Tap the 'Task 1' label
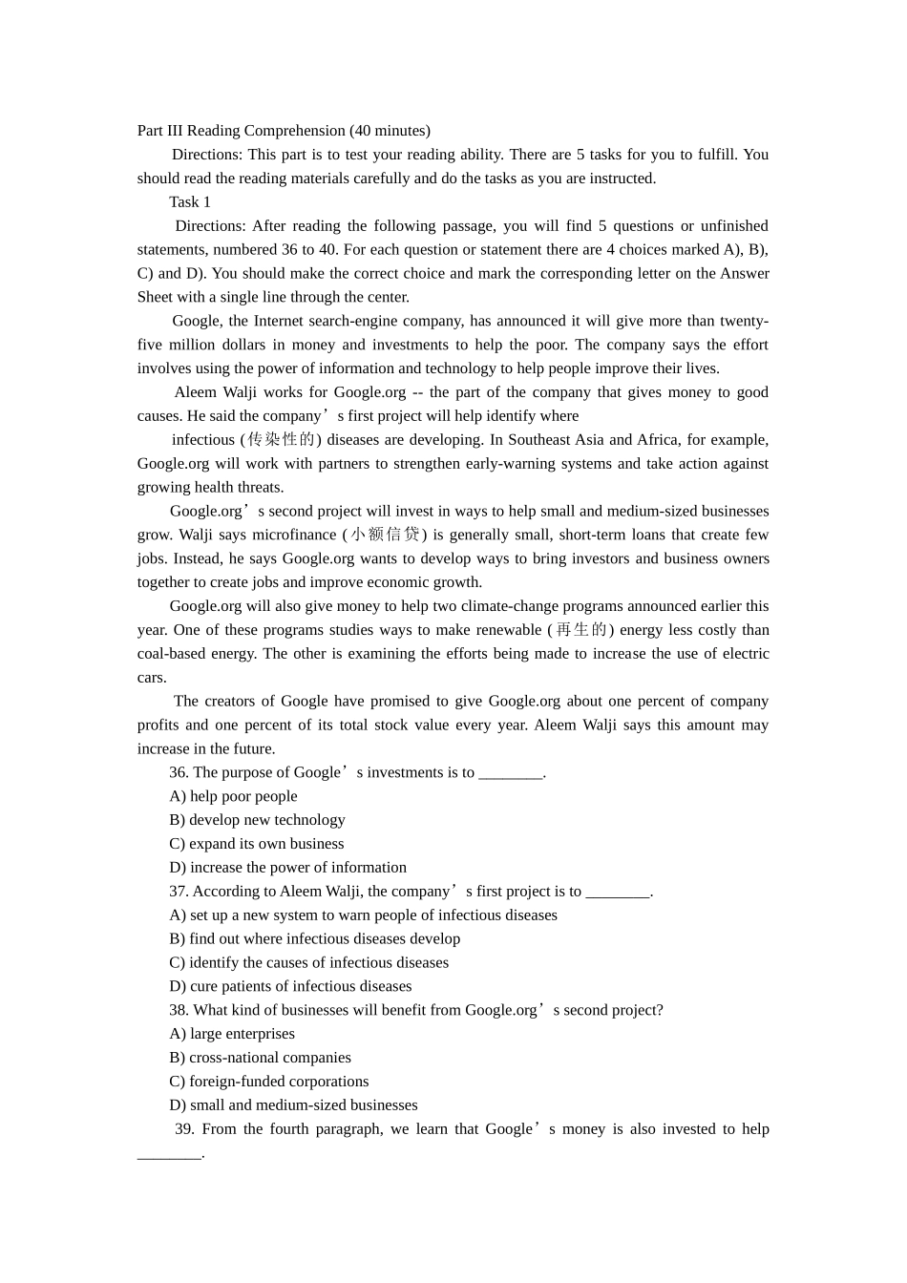[x=190, y=201]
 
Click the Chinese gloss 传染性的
[x=280, y=440]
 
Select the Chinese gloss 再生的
[x=580, y=630]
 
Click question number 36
[x=179, y=772]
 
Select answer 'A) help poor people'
[x=233, y=796]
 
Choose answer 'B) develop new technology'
[x=257, y=820]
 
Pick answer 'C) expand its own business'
[x=256, y=844]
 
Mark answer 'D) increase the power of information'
[x=287, y=868]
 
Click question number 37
[x=179, y=892]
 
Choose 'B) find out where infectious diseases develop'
[x=314, y=939]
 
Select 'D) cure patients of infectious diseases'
[x=290, y=986]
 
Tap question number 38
[x=179, y=1010]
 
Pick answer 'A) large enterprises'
[x=232, y=1034]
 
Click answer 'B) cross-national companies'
[x=260, y=1058]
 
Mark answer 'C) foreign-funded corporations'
[x=268, y=1082]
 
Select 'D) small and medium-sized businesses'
[x=293, y=1105]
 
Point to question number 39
[x=184, y=1129]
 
